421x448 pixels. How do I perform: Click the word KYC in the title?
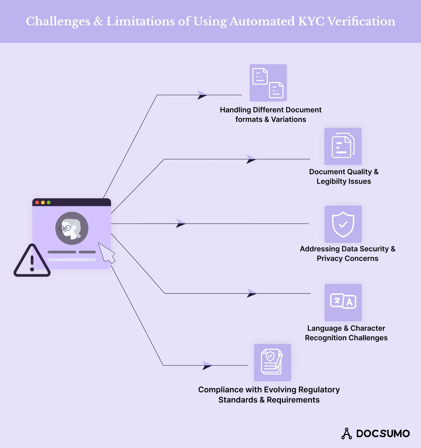[x=311, y=21]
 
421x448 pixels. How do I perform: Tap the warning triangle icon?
[x=32, y=261]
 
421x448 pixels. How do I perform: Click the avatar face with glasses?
[x=71, y=228]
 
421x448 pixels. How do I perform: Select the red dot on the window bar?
[x=37, y=202]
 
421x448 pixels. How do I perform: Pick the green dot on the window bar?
[x=49, y=202]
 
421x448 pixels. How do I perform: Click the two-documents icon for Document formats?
[x=268, y=83]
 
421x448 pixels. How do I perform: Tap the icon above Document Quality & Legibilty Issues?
[x=343, y=146]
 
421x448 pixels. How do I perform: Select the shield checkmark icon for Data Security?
[x=343, y=224]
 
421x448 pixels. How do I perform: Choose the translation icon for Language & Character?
[x=343, y=302]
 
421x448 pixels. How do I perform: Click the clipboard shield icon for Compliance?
[x=272, y=362]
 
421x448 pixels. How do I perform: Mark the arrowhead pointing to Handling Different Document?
[x=202, y=95]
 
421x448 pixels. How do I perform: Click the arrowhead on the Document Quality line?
[x=251, y=159]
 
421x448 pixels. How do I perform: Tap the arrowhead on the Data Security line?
[x=181, y=223]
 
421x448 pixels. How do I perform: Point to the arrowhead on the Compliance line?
[x=207, y=365]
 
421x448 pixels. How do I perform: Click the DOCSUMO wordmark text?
[x=383, y=434]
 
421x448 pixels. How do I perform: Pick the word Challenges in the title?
[x=58, y=21]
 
